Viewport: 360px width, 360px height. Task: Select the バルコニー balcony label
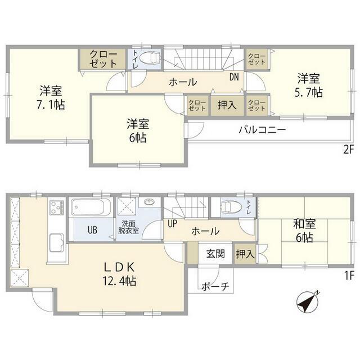[262, 129]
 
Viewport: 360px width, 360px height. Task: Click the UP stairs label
[172, 223]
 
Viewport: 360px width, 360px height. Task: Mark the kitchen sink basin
[57, 244]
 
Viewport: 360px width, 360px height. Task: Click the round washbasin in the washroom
[149, 202]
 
